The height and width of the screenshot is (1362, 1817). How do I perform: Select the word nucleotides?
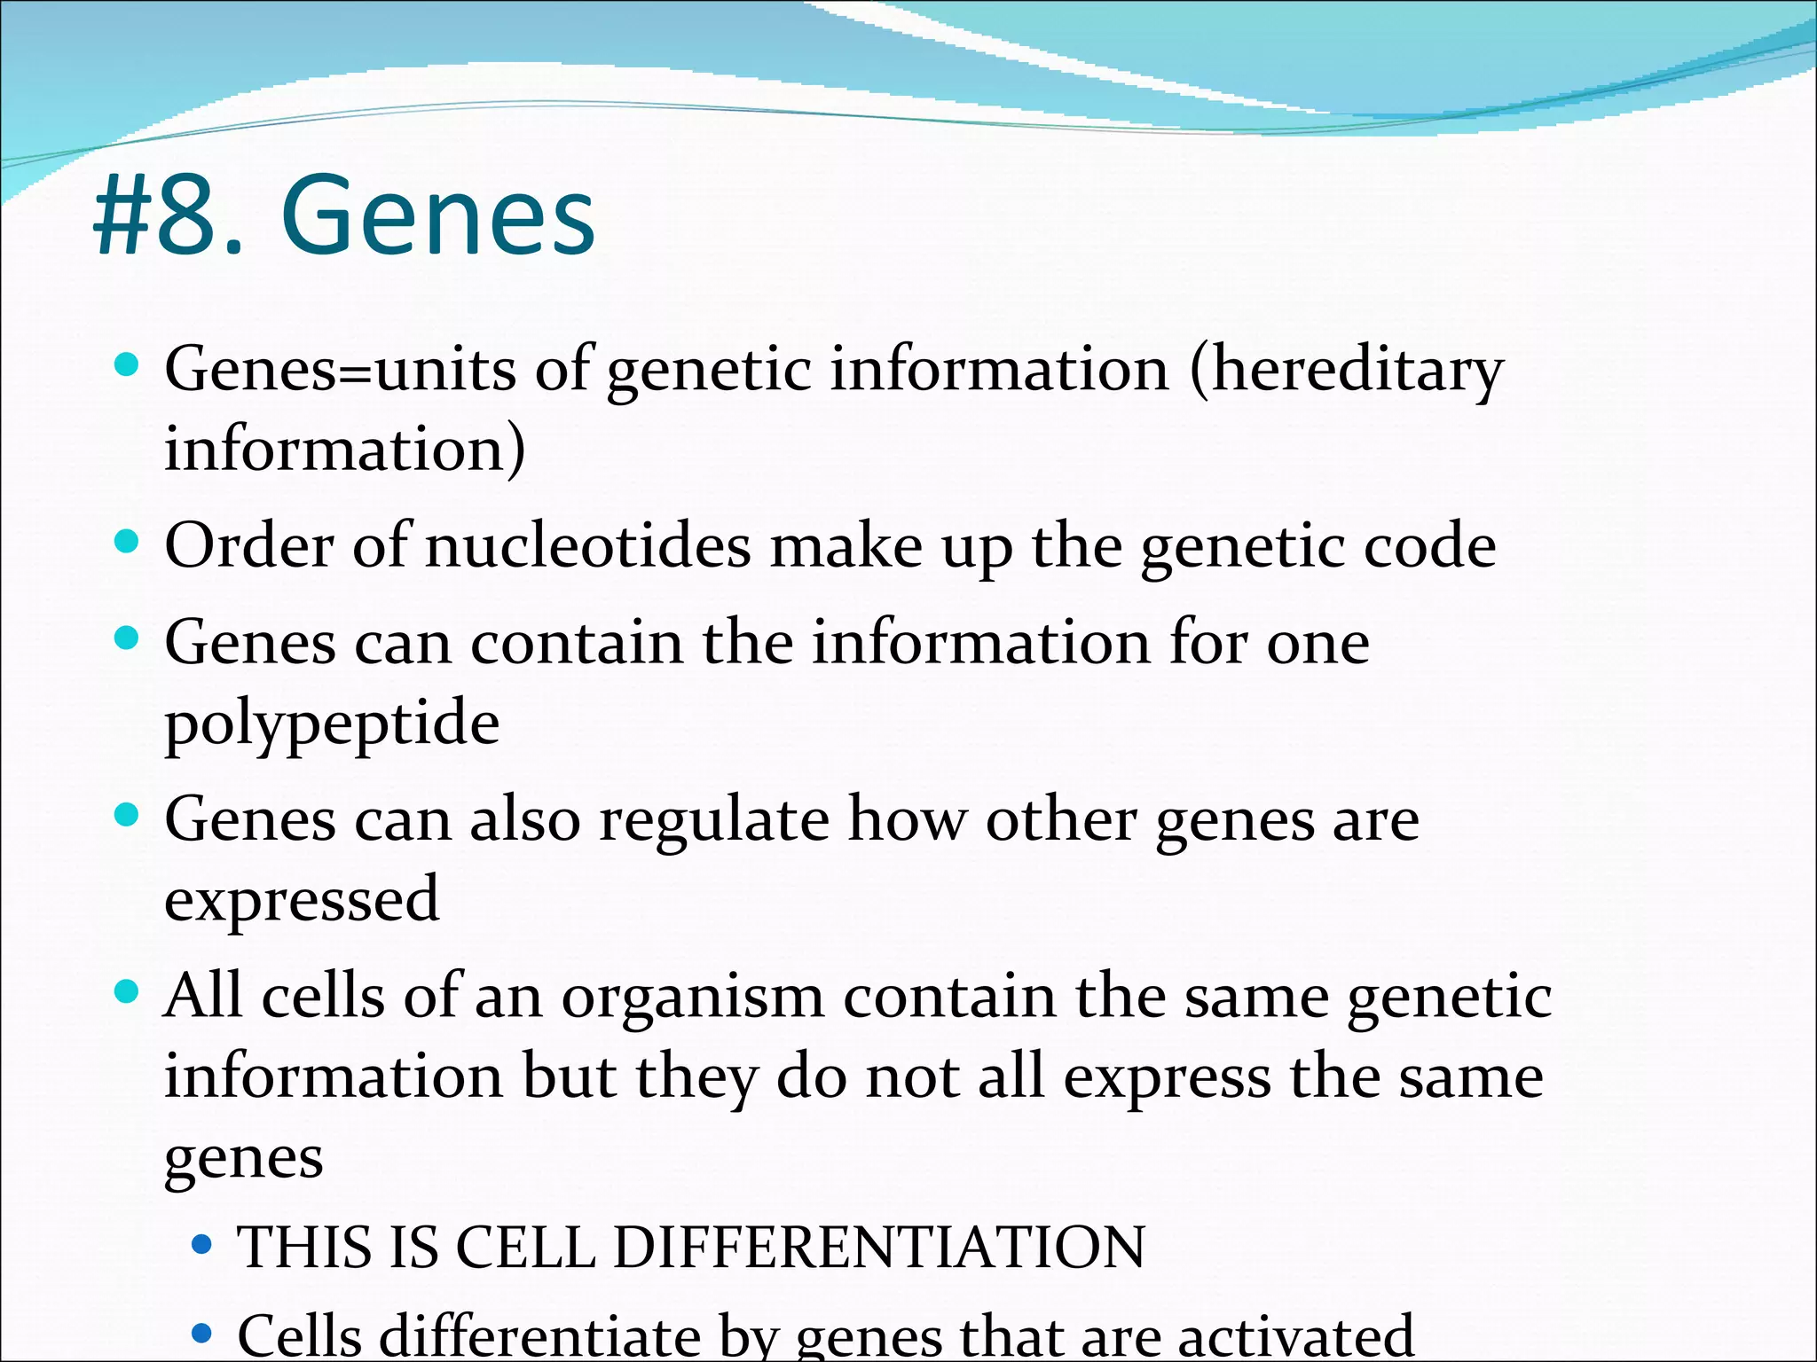tap(588, 546)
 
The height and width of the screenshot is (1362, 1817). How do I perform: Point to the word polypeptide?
tap(332, 724)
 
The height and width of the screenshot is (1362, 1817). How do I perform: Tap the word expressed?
tap(302, 899)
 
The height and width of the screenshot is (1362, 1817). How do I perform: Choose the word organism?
tap(693, 997)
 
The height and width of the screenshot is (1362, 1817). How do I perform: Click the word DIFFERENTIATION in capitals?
tap(879, 1247)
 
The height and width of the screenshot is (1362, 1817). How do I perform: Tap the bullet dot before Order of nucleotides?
tap(128, 541)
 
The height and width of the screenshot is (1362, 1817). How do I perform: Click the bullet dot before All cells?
tap(128, 991)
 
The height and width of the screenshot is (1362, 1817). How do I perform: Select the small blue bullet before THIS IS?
tap(202, 1245)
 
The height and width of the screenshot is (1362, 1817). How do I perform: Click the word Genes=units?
tap(340, 369)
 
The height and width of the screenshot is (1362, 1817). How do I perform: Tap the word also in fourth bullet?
tap(524, 819)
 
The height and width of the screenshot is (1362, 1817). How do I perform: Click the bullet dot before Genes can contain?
tap(128, 638)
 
